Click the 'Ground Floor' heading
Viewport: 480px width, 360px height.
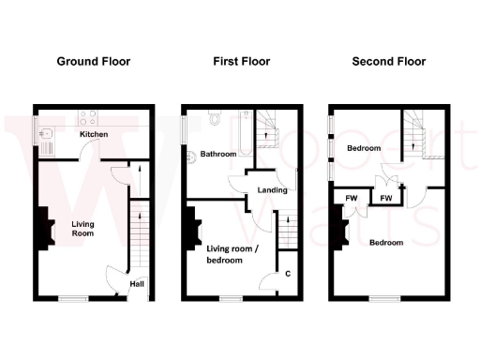point(93,62)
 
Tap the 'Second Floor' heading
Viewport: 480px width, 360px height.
point(388,62)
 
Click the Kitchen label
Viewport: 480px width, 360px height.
point(94,135)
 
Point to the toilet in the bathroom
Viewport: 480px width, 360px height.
point(215,119)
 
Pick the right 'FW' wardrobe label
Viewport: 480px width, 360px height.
point(385,198)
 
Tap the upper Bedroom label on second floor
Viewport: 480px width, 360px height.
point(364,149)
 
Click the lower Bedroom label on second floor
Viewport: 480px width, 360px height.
point(386,243)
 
